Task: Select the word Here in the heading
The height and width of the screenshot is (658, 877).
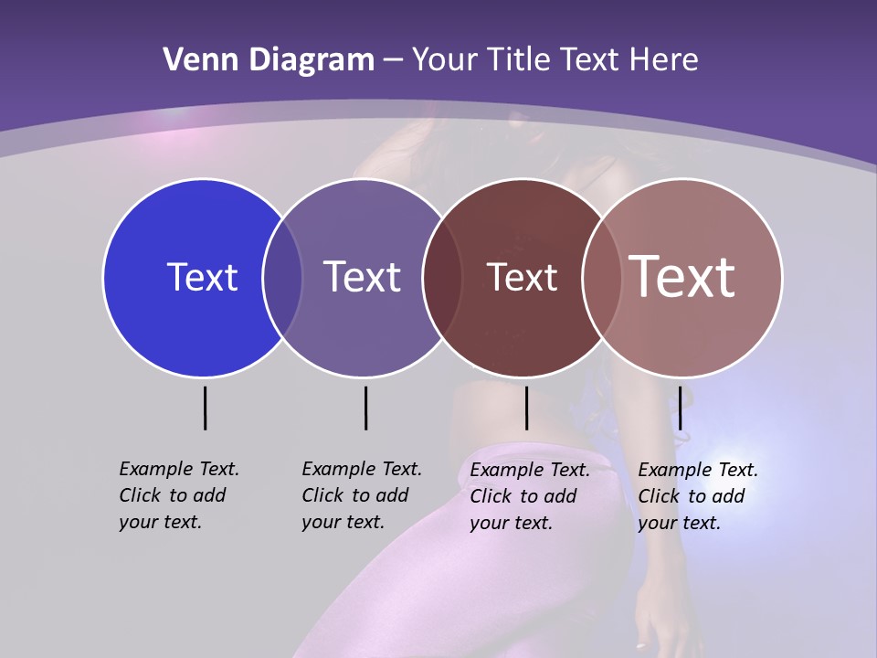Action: pos(665,60)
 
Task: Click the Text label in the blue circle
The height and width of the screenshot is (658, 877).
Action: pos(202,277)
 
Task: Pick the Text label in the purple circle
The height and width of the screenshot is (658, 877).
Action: pos(362,277)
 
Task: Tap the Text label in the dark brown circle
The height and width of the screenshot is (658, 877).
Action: pos(522,277)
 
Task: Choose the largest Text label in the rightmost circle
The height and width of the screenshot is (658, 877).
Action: pos(682,277)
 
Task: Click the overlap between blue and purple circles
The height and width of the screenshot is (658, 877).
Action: pos(282,278)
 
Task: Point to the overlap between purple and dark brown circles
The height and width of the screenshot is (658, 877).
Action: pos(442,278)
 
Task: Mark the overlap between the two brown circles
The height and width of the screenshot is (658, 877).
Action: pos(602,278)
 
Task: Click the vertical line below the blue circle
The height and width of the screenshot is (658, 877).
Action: pos(205,408)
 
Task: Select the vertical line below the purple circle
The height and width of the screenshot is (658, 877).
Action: pos(365,408)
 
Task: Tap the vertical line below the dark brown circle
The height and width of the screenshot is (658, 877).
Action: pos(526,408)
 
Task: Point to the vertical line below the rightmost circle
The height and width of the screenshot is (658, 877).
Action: pos(680,408)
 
